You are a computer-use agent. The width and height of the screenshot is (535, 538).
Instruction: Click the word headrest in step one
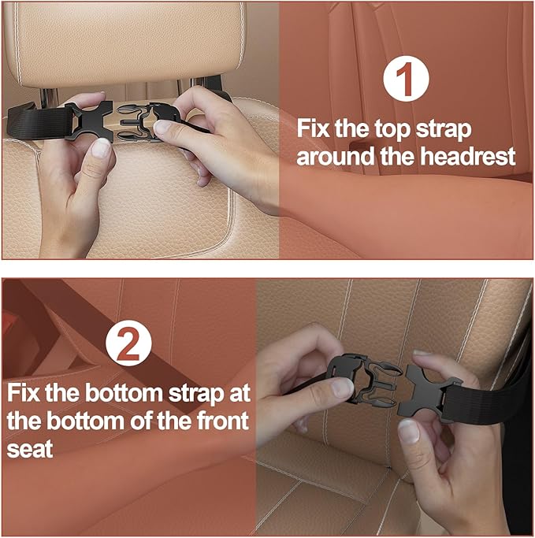[470, 156]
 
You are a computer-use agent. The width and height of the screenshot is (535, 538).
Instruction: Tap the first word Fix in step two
[27, 391]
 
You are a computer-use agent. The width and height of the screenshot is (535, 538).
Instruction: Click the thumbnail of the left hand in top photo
[100, 148]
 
